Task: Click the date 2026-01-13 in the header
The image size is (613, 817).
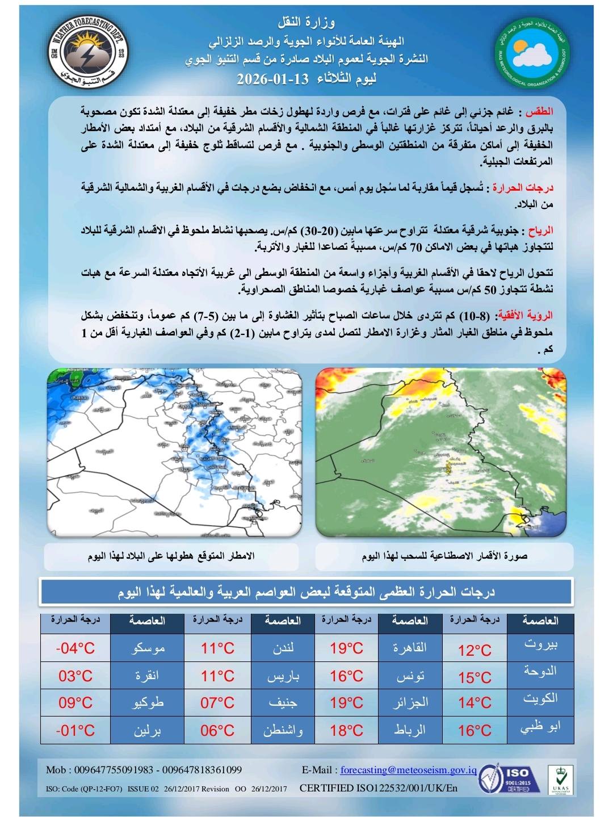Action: [272, 79]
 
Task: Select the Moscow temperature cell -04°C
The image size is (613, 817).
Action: [75, 648]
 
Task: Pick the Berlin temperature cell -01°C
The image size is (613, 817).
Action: [75, 730]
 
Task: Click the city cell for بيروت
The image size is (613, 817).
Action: [540, 646]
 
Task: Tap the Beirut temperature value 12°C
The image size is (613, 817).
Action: [475, 650]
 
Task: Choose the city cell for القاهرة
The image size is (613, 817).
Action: [410, 648]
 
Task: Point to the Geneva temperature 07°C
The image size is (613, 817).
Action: [217, 703]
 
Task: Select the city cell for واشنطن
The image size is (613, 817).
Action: [283, 730]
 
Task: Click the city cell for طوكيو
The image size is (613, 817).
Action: [147, 703]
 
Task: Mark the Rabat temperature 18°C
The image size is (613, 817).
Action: [346, 730]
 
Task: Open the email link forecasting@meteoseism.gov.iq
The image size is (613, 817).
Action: [408, 770]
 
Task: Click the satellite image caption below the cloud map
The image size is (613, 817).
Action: [444, 557]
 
